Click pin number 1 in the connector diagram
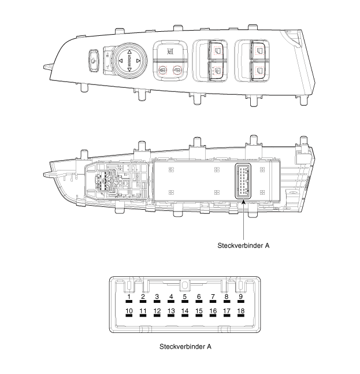(129, 297)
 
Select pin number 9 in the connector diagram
(241, 297)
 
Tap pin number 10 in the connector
(129, 311)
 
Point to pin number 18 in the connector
(241, 311)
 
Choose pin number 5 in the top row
(185, 297)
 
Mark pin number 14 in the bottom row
(185, 311)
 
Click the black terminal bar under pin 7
(213, 302)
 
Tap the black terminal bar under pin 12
(157, 316)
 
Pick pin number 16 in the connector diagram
(213, 311)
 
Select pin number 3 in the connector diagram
(157, 297)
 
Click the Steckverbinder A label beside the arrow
(243, 246)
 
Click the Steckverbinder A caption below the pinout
(185, 346)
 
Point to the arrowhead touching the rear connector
(243, 202)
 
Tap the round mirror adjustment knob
(129, 61)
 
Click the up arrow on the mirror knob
(129, 52)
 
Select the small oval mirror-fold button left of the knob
(94, 61)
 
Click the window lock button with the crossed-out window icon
(170, 51)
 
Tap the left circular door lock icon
(162, 70)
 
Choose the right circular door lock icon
(177, 70)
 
